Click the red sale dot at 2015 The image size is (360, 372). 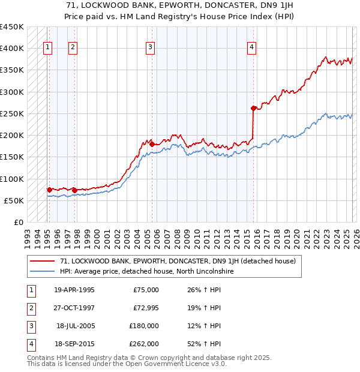coord(253,108)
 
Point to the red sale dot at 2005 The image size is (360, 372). coord(152,144)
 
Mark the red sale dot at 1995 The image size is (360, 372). coord(49,190)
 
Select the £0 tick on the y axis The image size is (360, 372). coord(18,222)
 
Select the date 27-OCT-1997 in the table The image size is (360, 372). coord(74,308)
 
